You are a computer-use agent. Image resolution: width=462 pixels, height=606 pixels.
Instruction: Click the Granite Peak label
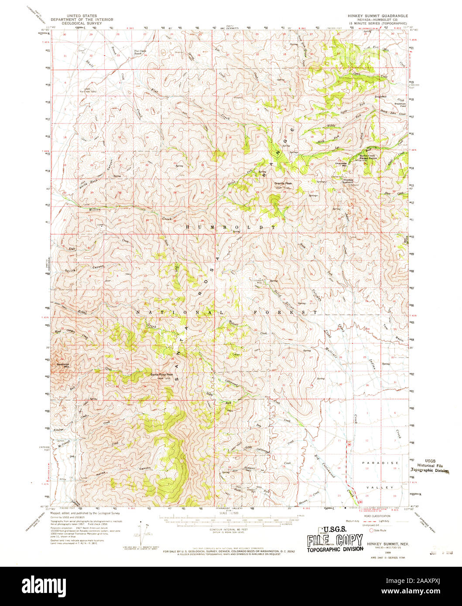tap(283, 184)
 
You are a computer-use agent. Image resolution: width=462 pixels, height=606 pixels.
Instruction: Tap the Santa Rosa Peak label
tap(162, 375)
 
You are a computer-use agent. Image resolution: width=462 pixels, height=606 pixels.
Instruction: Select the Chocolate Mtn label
tap(341, 164)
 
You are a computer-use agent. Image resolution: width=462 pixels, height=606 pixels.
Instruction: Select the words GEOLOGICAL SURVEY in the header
tap(82, 24)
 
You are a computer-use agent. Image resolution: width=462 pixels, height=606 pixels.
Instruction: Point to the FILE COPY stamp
tap(334, 541)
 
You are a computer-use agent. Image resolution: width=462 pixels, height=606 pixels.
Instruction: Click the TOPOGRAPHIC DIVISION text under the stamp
tap(334, 549)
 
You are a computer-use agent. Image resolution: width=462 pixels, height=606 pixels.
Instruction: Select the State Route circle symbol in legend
tap(372, 531)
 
